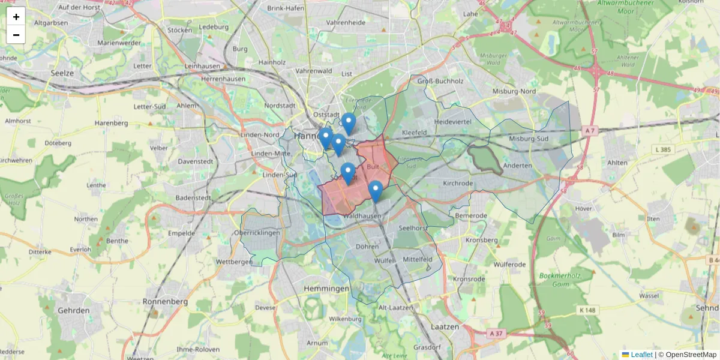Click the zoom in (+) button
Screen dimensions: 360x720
pyautogui.click(x=16, y=17)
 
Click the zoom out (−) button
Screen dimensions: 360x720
pyautogui.click(x=16, y=35)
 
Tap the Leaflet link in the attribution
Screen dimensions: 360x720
pyautogui.click(x=641, y=355)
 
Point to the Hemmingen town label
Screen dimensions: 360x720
pyautogui.click(x=326, y=289)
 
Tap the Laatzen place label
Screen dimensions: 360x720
pyautogui.click(x=445, y=327)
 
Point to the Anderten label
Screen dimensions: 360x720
pyautogui.click(x=518, y=166)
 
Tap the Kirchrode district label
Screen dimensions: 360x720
pyautogui.click(x=458, y=183)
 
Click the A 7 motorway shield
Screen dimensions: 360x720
pyautogui.click(x=590, y=130)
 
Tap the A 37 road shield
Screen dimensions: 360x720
pyautogui.click(x=496, y=334)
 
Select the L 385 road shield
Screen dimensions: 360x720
pyautogui.click(x=662, y=148)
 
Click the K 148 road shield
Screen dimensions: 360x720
pyautogui.click(x=587, y=310)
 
